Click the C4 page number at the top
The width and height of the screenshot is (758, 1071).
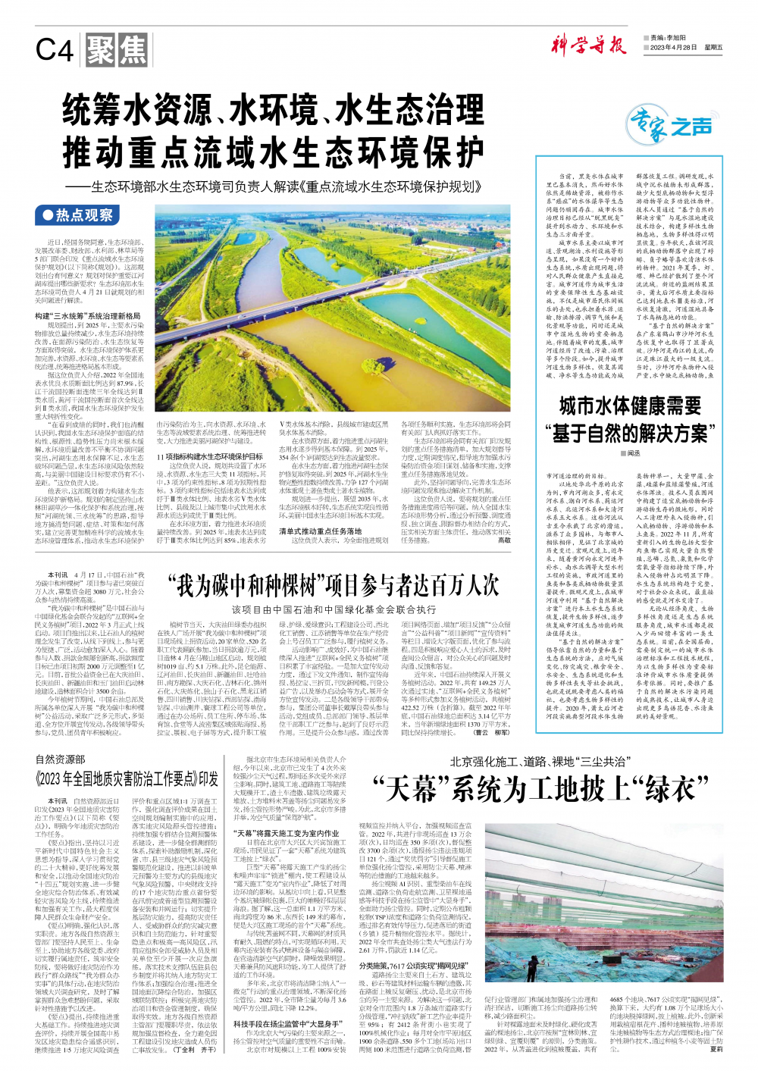point(55,51)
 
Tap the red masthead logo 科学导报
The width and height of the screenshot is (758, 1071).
point(589,45)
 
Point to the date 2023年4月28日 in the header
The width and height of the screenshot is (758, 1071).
point(673,48)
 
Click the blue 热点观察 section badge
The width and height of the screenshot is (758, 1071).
point(79,215)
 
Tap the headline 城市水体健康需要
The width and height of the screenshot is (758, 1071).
point(630,407)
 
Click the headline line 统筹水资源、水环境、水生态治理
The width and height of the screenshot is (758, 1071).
point(274,108)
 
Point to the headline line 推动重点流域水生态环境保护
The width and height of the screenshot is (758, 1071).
point(274,152)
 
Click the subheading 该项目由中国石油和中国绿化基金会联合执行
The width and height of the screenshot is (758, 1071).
point(334,609)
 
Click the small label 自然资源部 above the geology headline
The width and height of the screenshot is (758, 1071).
point(61,759)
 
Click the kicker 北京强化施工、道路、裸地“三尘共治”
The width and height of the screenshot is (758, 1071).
point(539,762)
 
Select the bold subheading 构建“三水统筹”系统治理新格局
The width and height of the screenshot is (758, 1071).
point(89,315)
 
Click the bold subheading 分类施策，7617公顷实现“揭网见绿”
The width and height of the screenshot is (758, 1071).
point(413,966)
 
